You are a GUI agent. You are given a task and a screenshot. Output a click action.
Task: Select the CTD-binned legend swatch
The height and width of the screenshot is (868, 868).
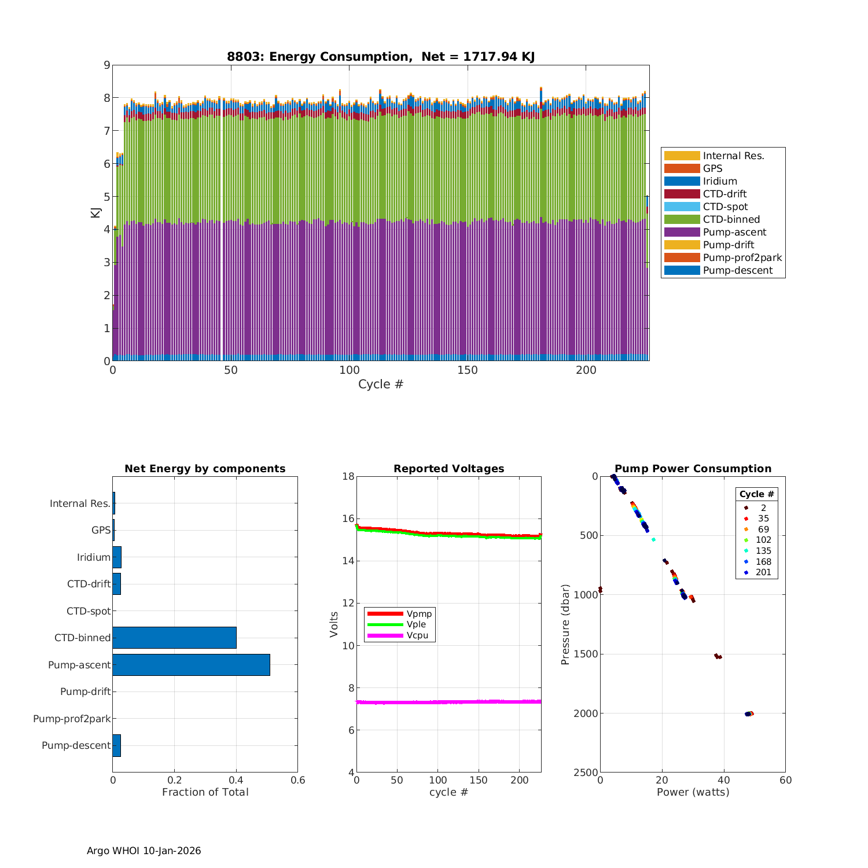click(682, 219)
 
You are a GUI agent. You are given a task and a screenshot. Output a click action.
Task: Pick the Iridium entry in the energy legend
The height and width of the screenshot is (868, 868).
click(720, 181)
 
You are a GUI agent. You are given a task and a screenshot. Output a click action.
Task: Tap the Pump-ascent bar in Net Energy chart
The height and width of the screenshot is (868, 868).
click(191, 665)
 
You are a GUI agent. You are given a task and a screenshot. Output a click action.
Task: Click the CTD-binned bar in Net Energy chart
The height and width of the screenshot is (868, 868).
click(174, 638)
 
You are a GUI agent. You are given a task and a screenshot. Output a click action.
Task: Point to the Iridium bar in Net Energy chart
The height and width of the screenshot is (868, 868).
click(117, 557)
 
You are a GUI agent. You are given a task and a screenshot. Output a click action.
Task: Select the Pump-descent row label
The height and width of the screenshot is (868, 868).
click(76, 745)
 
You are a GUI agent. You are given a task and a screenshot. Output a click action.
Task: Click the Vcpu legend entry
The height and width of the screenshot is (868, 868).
click(417, 635)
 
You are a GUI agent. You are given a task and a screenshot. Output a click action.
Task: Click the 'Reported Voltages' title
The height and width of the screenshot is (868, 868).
click(448, 469)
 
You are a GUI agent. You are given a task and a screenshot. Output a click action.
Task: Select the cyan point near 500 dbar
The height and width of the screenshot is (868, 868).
click(653, 539)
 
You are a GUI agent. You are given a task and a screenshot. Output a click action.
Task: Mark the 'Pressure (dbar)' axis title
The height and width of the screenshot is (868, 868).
click(565, 624)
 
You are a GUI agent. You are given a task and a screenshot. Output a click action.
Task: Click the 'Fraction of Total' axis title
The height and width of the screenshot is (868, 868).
click(205, 792)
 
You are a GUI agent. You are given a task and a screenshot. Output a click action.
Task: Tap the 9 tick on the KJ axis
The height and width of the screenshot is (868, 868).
click(106, 65)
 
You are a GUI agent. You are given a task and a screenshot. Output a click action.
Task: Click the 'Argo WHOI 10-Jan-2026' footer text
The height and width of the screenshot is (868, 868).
click(144, 851)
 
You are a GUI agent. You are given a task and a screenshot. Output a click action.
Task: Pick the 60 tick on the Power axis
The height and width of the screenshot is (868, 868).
click(785, 780)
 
